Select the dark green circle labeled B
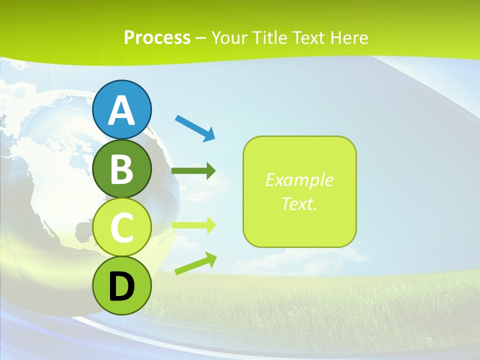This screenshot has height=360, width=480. [121, 169]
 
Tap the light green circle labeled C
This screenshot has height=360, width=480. [121, 227]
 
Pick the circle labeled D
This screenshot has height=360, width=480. [121, 286]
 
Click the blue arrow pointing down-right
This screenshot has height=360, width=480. [195, 127]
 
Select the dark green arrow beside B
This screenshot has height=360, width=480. [193, 171]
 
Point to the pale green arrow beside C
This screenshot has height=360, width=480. [193, 225]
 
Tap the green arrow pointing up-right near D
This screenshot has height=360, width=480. [195, 263]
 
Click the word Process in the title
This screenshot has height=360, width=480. [157, 38]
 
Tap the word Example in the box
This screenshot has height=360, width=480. [299, 180]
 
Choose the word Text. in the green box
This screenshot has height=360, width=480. [299, 204]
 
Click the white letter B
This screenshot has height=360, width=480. [121, 169]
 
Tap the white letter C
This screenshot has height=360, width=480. [121, 228]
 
